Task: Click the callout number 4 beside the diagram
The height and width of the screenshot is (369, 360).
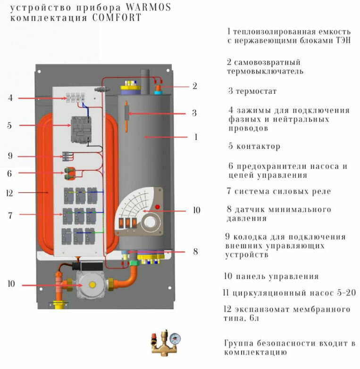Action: click(x=10, y=98)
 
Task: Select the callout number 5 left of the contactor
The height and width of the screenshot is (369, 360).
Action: click(x=9, y=126)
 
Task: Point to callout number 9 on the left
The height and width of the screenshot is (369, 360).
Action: click(x=10, y=156)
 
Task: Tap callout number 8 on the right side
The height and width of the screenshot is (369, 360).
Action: click(x=195, y=252)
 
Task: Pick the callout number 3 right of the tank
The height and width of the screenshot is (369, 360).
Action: click(x=194, y=113)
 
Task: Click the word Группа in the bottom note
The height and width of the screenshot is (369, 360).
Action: click(x=240, y=344)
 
